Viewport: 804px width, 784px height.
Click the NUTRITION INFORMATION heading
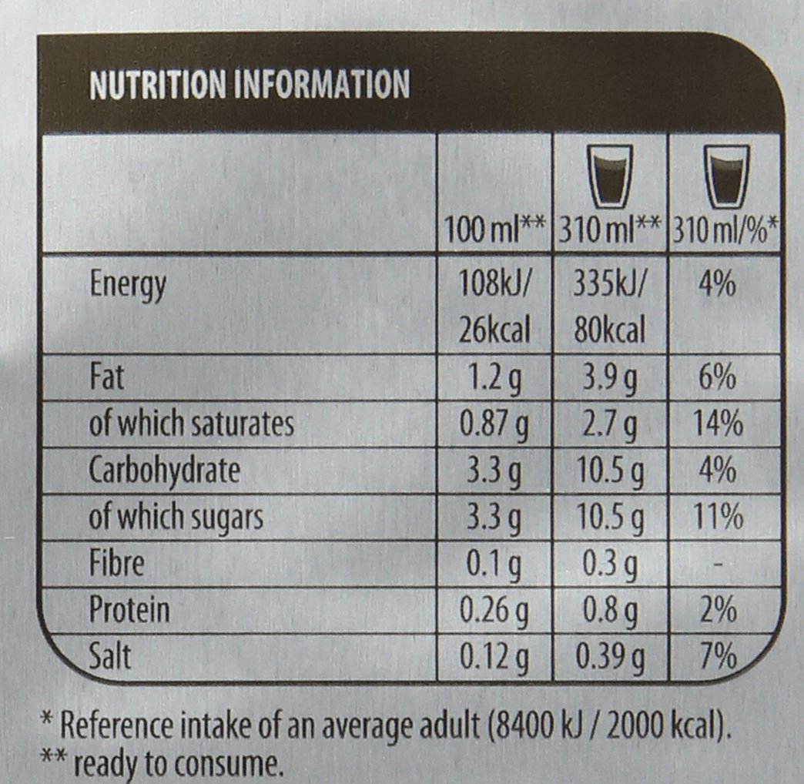click(250, 84)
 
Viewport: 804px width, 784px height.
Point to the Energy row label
click(128, 285)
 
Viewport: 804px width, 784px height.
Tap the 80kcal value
click(610, 330)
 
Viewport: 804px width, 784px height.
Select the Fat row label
click(107, 378)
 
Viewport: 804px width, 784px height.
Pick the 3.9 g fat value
click(610, 378)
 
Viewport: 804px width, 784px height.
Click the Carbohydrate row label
click(165, 470)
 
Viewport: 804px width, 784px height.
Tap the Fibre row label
click(117, 563)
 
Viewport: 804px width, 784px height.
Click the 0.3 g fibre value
click(610, 565)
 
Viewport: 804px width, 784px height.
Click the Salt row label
click(111, 656)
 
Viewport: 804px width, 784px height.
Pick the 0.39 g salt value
click(610, 658)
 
